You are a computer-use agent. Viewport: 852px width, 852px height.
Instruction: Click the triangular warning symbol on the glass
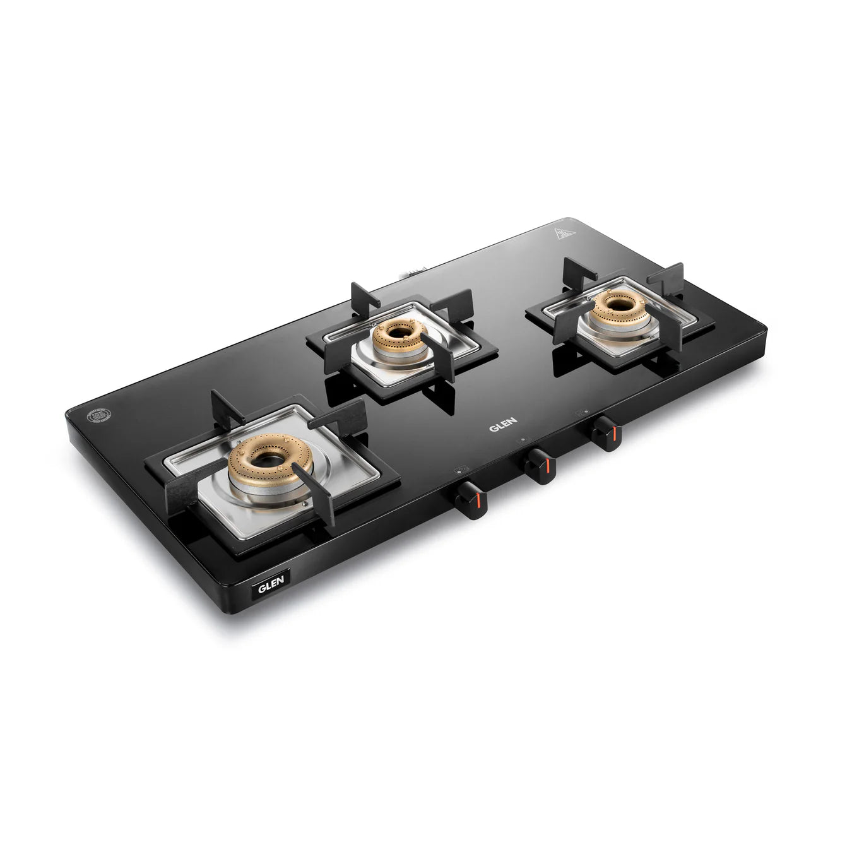coord(564,235)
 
